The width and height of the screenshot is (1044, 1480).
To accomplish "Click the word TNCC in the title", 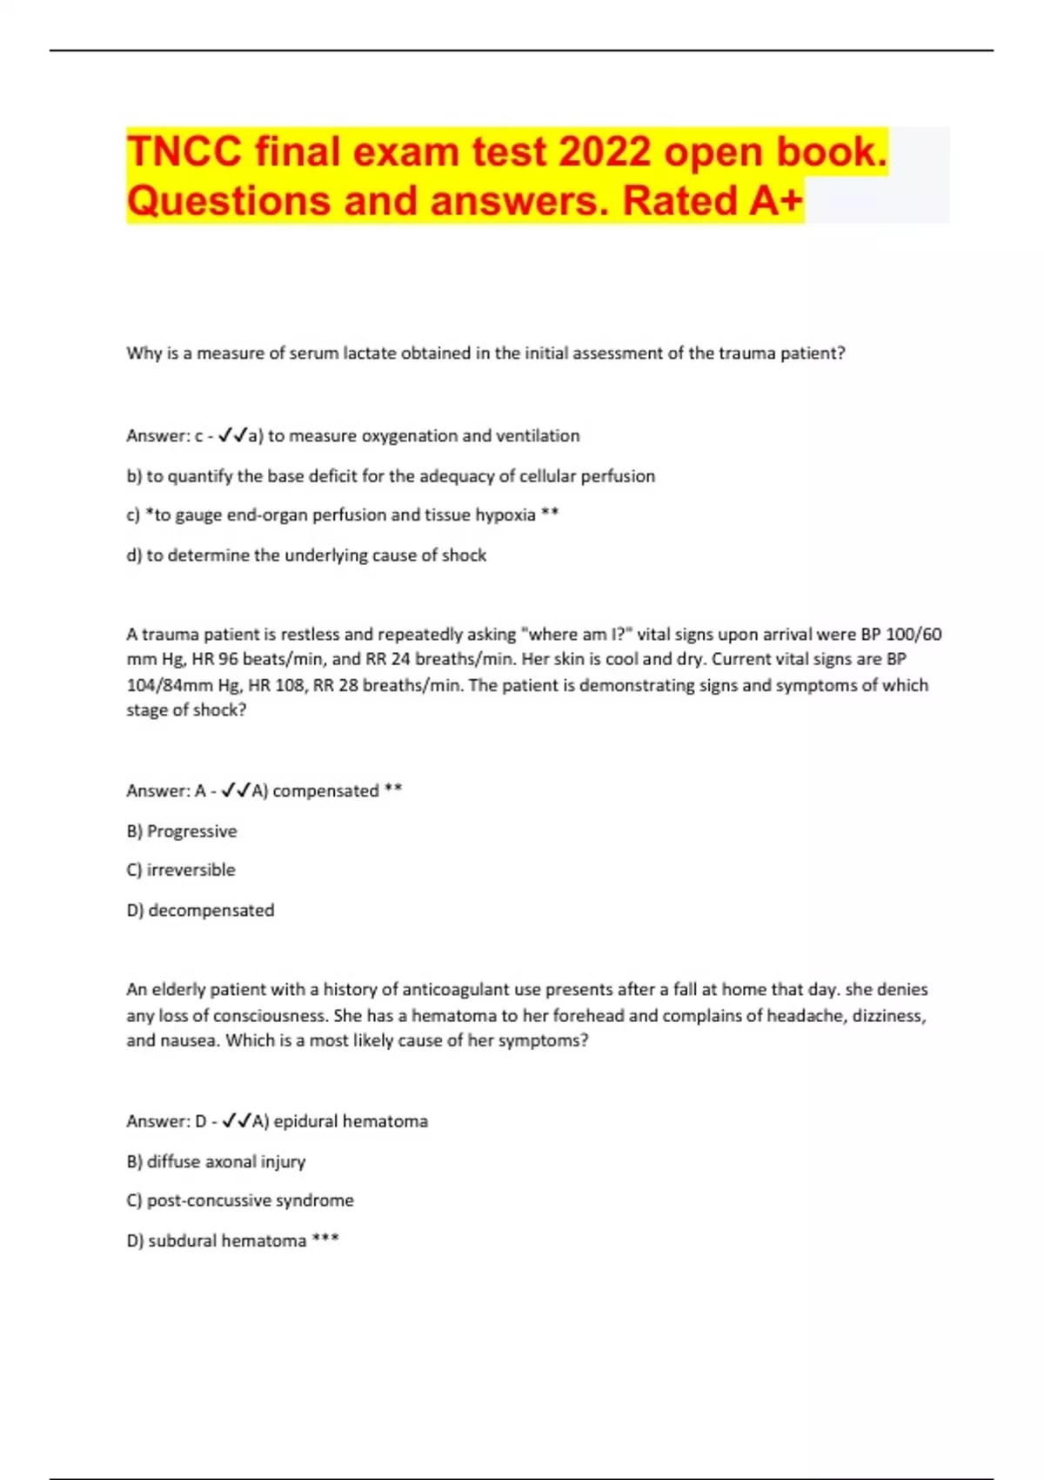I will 184,152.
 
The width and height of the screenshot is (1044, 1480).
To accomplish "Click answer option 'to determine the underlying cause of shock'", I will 306,555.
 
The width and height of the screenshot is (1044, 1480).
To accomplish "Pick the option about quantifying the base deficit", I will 391,476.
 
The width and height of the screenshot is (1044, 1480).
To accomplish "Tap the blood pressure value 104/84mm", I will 166,685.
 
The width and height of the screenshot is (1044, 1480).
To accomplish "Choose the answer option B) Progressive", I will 182,831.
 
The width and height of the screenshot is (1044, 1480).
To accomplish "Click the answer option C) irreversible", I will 181,870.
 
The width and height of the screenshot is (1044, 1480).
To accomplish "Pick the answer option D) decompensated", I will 200,911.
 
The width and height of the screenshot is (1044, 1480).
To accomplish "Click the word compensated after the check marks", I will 325,791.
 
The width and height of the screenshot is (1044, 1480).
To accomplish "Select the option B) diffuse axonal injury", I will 216,1161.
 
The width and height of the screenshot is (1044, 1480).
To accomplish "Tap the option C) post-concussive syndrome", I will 240,1201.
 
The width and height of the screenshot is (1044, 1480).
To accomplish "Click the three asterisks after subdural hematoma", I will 325,1240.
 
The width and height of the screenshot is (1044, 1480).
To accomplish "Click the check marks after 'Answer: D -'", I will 237,1121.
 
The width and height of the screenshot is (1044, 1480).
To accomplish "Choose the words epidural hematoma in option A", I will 351,1121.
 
